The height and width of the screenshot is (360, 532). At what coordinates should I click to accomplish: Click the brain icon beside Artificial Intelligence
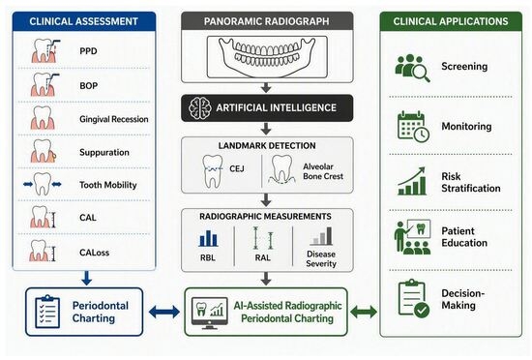click(200, 107)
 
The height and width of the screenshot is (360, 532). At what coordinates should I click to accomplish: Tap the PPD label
click(88, 51)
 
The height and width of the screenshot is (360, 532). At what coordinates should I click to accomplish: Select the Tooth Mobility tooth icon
click(43, 184)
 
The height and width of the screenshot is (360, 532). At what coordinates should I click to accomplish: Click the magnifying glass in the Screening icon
click(421, 73)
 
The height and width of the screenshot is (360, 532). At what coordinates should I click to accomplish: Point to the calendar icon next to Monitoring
click(413, 127)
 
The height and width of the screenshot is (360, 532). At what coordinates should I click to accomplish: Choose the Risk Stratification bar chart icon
click(412, 182)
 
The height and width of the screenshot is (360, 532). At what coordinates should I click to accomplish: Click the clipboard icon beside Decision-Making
click(414, 298)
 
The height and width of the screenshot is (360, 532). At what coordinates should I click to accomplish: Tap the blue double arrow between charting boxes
click(164, 312)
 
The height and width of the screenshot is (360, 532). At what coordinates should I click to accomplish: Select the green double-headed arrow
click(364, 312)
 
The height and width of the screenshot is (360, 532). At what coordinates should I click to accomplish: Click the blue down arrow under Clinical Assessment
click(86, 278)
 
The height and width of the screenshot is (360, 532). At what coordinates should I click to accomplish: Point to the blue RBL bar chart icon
click(208, 238)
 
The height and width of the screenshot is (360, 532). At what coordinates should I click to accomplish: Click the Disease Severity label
click(321, 259)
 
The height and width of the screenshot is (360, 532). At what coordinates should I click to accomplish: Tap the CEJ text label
click(236, 168)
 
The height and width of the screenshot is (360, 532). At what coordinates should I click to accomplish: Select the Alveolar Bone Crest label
click(323, 171)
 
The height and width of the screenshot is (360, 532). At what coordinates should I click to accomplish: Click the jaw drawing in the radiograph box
click(267, 55)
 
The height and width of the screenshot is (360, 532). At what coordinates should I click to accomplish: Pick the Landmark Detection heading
click(267, 145)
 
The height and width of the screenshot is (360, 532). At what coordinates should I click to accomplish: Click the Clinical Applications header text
click(451, 21)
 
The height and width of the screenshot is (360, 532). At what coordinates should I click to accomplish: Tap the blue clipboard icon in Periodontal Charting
click(47, 312)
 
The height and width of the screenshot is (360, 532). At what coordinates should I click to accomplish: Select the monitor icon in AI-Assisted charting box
click(209, 313)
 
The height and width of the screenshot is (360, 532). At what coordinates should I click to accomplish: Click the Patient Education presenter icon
click(413, 237)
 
